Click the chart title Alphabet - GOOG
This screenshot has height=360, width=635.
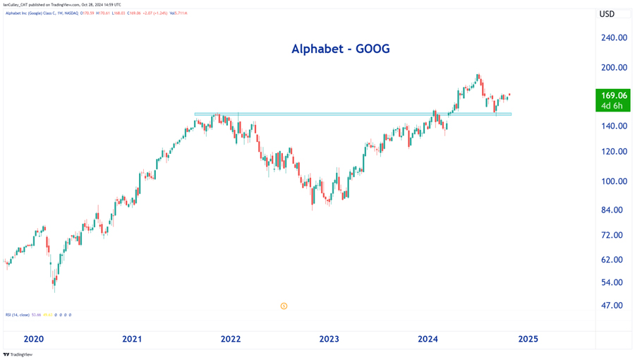coord(340,49)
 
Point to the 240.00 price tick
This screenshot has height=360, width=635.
coord(614,38)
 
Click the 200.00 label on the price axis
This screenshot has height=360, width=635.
coord(614,68)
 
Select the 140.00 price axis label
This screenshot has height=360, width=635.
coord(614,126)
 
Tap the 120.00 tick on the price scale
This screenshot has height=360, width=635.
coord(614,152)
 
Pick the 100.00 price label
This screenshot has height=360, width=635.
coord(614,181)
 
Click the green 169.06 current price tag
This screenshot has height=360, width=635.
coord(613,100)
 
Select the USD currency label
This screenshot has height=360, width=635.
coord(607,14)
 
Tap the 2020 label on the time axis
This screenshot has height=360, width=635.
coord(33,340)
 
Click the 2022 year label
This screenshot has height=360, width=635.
coord(231,340)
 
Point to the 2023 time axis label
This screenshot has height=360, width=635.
coord(329,340)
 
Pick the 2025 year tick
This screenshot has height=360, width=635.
coord(528,340)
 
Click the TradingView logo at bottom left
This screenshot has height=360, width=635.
coord(18,354)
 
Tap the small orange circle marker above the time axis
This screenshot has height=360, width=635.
coord(284,306)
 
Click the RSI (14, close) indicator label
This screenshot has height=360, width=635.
coord(18,315)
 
